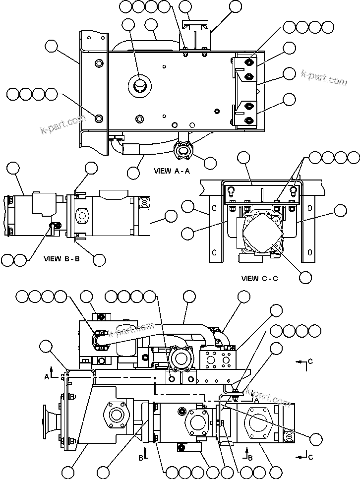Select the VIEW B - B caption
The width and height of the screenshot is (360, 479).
pos(61,258)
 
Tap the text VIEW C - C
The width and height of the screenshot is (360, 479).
pos(259,278)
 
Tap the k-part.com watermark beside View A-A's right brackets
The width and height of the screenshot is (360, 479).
pos(324,77)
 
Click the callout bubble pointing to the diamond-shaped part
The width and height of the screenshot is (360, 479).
pos(306,277)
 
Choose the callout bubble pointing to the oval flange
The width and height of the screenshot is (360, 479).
pos(210,162)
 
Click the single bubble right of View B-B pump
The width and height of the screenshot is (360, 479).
pos(171,216)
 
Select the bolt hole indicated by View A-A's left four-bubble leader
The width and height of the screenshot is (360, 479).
pos(99,118)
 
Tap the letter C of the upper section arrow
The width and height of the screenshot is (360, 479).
pos(310,361)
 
